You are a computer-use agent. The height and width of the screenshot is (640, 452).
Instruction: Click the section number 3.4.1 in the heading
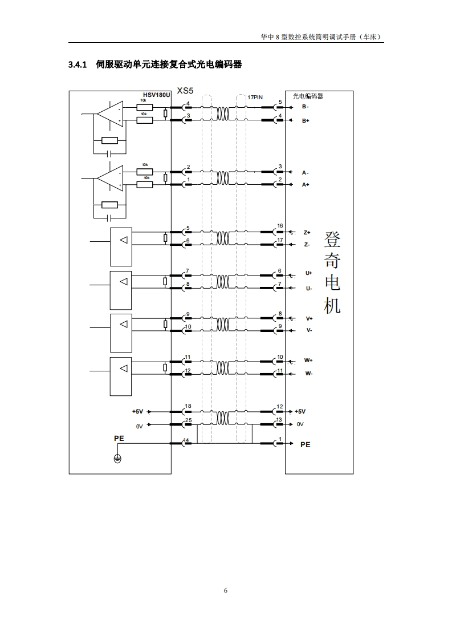point(77,65)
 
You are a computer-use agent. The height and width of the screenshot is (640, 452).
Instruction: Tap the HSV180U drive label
point(156,96)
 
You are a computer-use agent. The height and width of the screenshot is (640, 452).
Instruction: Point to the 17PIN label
point(255,98)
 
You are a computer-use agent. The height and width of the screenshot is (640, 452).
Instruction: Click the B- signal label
point(306,107)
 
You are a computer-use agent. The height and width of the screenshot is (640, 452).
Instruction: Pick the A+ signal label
point(306,185)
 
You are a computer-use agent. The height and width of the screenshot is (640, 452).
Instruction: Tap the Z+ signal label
point(307,233)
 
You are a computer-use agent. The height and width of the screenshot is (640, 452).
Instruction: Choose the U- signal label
point(309,288)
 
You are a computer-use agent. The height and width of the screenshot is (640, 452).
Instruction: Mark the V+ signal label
point(310,318)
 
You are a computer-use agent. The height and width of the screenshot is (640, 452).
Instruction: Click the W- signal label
point(308,374)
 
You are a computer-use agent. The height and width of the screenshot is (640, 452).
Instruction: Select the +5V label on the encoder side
point(300,411)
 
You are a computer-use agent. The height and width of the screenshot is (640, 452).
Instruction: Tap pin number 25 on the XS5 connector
point(188,420)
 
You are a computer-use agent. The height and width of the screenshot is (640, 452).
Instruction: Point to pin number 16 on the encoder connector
point(280,226)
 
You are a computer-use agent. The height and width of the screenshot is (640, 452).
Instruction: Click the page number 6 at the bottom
point(226,590)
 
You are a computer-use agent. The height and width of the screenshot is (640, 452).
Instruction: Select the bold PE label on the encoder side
point(306,444)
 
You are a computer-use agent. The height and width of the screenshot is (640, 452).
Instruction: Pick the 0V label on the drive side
point(139,426)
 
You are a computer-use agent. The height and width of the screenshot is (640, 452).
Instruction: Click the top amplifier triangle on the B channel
point(109,115)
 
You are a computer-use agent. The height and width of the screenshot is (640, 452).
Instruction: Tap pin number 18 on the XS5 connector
point(188,406)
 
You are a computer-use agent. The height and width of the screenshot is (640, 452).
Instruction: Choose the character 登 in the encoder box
point(332,240)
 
